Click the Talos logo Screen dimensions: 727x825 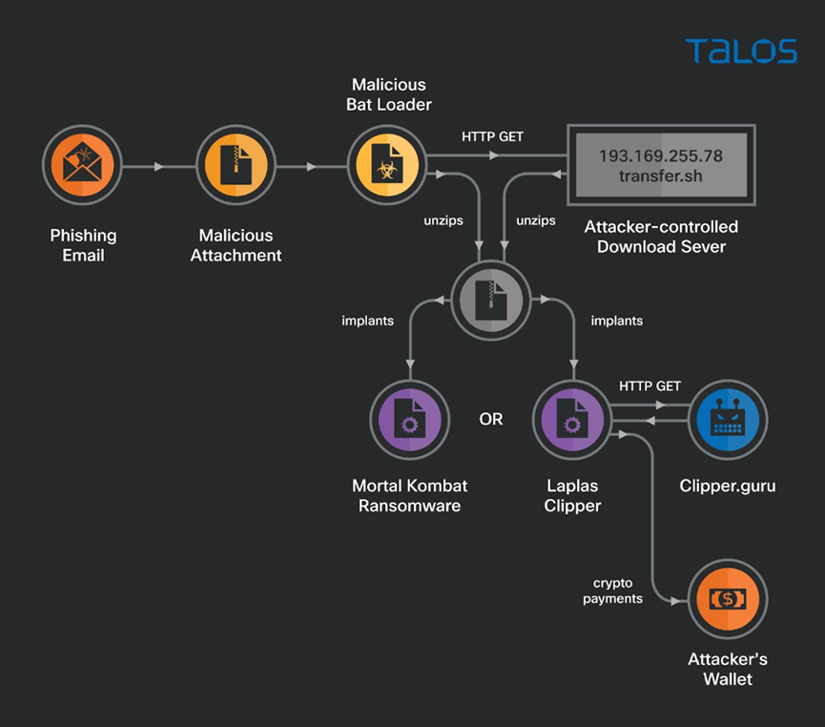coord(740,51)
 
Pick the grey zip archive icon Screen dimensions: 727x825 coord(491,301)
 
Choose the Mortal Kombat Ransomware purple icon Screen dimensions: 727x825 coord(410,420)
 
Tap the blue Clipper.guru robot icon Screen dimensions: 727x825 coord(727,420)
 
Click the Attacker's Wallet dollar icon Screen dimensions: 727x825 coord(727,598)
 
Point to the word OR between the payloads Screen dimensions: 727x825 coord(490,420)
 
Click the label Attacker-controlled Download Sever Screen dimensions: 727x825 coord(661,238)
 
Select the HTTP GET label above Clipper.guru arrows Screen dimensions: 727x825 coord(650,386)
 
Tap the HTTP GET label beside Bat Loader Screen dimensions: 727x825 coord(492,136)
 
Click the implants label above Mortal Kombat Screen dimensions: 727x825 coord(367,321)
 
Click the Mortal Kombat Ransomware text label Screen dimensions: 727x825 coord(410,496)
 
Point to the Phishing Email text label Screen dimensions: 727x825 coord(83,245)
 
